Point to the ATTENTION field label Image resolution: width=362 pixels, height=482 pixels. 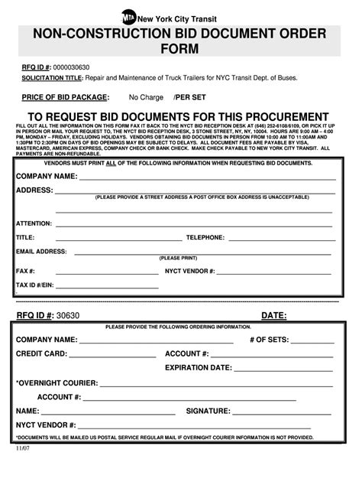pos(34,223)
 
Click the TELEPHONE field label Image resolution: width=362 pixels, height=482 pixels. pos(205,237)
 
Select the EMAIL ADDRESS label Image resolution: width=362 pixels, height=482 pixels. pos(41,251)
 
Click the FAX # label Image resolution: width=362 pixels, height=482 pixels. pos(26,271)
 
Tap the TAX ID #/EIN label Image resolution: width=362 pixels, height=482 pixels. pos(37,285)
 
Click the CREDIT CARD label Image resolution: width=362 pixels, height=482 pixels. pos(42,353)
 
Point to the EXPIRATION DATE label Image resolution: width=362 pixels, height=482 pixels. pos(199,367)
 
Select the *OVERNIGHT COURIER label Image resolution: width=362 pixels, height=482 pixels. pos(57,382)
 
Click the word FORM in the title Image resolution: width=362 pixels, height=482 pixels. pos(180,49)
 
